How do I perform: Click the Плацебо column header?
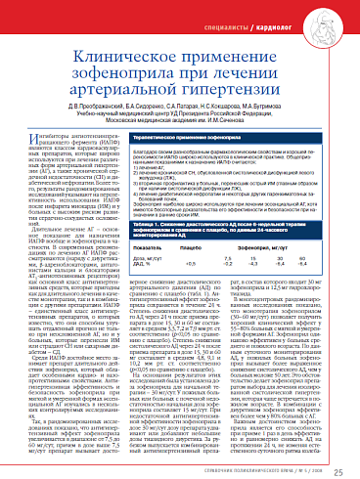[x=189, y=248]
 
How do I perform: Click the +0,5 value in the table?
[x=188, y=264]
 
